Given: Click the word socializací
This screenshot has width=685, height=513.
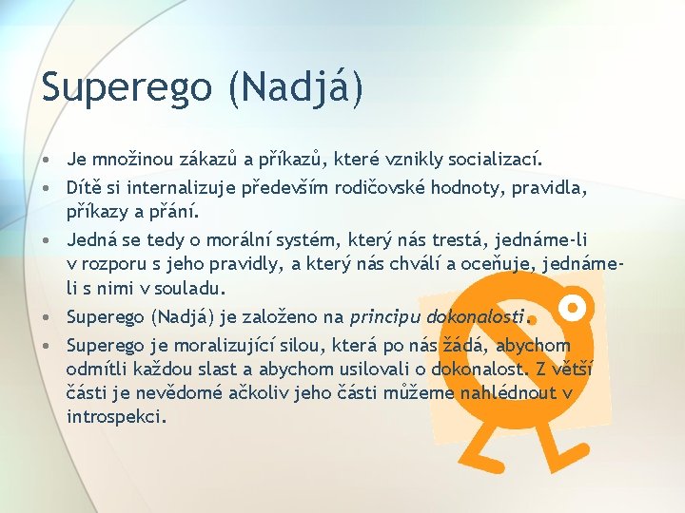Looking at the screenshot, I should pos(519,156).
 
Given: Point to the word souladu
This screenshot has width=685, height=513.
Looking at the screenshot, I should pos(195,286).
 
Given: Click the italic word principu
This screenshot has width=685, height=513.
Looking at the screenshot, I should pos(384,316).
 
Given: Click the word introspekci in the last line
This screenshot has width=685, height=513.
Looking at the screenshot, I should pos(116,415).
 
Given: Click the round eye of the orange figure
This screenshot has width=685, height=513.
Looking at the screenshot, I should pos(572,307).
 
